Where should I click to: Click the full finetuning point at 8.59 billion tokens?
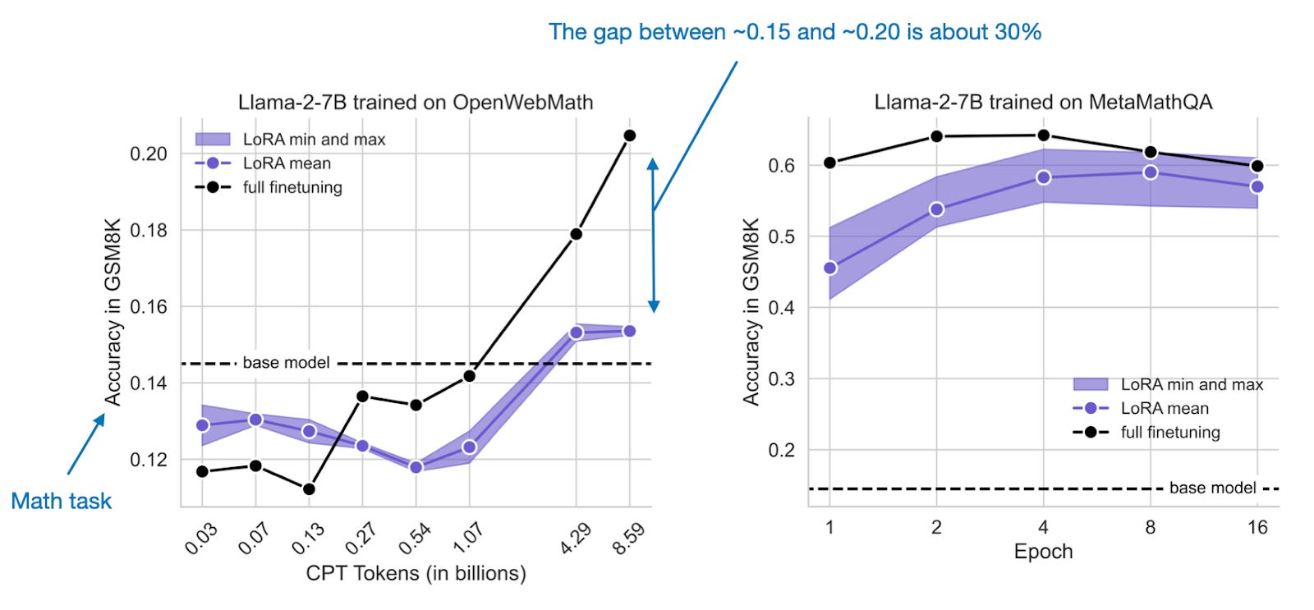pyautogui.click(x=630, y=135)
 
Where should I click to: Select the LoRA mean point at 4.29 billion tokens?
pyautogui.click(x=576, y=333)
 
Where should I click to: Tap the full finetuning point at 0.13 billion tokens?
pyautogui.click(x=309, y=489)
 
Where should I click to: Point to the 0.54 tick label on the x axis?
pyautogui.click(x=415, y=539)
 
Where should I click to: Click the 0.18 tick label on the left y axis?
pyautogui.click(x=149, y=231)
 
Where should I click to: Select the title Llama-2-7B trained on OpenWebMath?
pyautogui.click(x=416, y=103)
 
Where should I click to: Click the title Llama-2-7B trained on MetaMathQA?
pyautogui.click(x=1043, y=103)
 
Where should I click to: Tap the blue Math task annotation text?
pyautogui.click(x=61, y=502)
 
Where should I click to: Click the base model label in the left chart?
pyautogui.click(x=286, y=363)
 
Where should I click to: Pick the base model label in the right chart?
pyautogui.click(x=1212, y=488)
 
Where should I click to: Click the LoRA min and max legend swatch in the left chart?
pyautogui.click(x=212, y=140)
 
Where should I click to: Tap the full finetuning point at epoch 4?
pyautogui.click(x=1043, y=135)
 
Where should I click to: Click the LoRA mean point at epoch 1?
pyautogui.click(x=829, y=268)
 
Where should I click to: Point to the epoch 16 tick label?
pyautogui.click(x=1257, y=528)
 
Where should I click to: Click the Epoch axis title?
pyautogui.click(x=1043, y=552)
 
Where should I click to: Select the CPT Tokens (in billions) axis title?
pyautogui.click(x=416, y=573)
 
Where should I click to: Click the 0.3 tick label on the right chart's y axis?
pyautogui.click(x=781, y=379)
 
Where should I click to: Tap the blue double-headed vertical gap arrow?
pyautogui.click(x=653, y=235)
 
